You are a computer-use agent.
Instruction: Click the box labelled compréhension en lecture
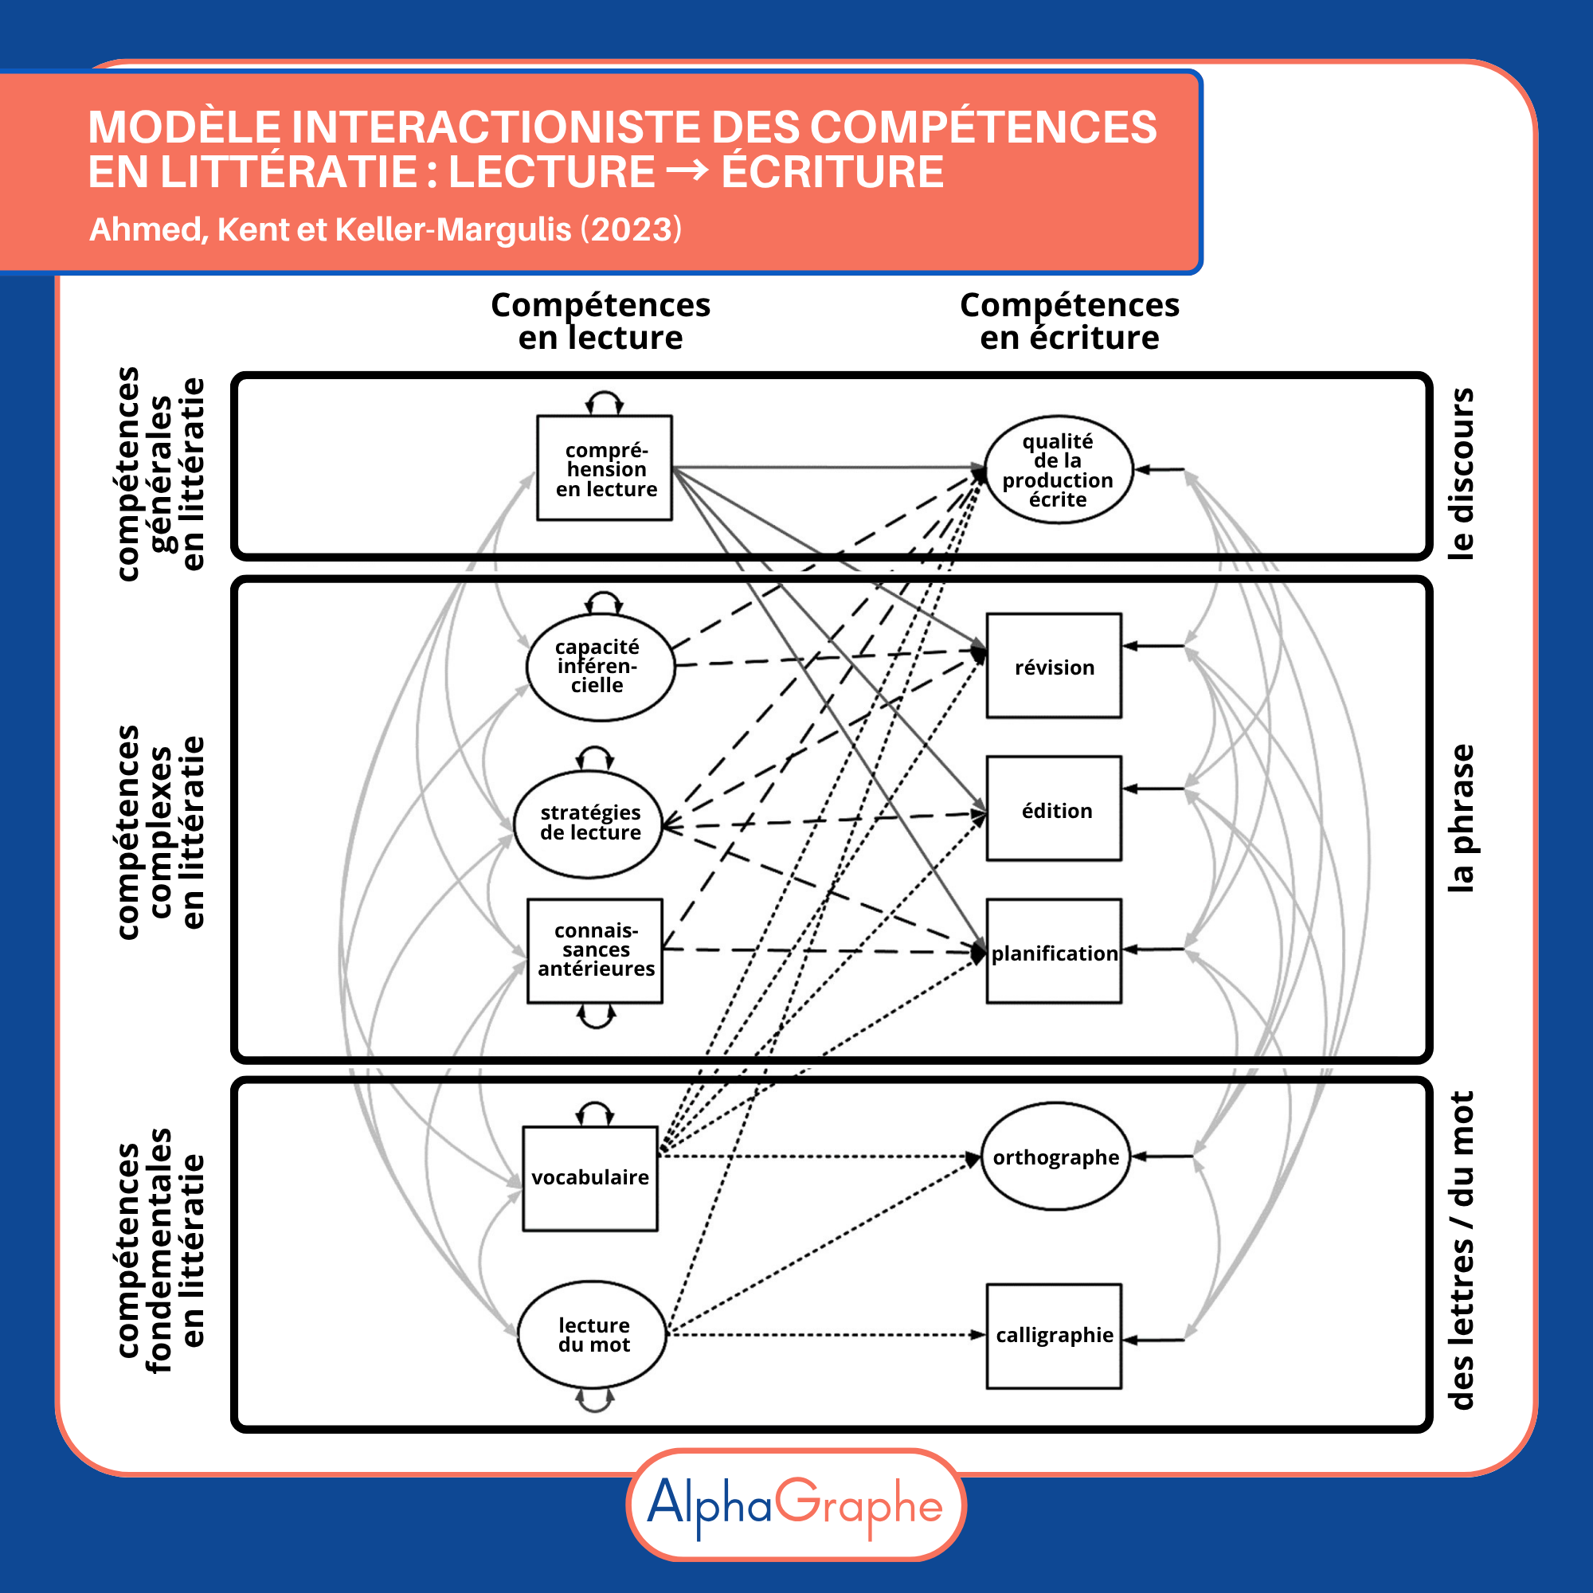[x=605, y=468]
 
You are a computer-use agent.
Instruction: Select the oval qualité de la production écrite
[x=1058, y=469]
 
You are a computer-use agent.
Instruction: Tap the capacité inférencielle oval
[x=600, y=666]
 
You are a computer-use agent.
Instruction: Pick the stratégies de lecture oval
[x=589, y=823]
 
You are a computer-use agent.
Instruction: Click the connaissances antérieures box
[x=594, y=950]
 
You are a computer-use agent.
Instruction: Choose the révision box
[x=1054, y=665]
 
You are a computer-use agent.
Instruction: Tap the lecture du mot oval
[x=592, y=1334]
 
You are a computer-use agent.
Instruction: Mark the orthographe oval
[x=1055, y=1156]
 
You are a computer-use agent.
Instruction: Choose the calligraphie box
[x=1054, y=1336]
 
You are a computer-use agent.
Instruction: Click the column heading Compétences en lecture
[x=601, y=321]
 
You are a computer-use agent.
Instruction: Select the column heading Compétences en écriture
[x=1070, y=321]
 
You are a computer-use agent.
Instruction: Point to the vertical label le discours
[x=1460, y=473]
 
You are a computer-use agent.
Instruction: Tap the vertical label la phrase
[x=1460, y=818]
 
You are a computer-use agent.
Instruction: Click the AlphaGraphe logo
[x=796, y=1505]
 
